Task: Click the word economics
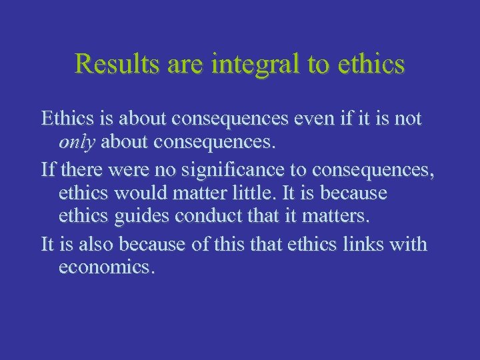pyautogui.click(x=107, y=267)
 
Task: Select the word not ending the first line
pyautogui.click(x=408, y=119)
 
